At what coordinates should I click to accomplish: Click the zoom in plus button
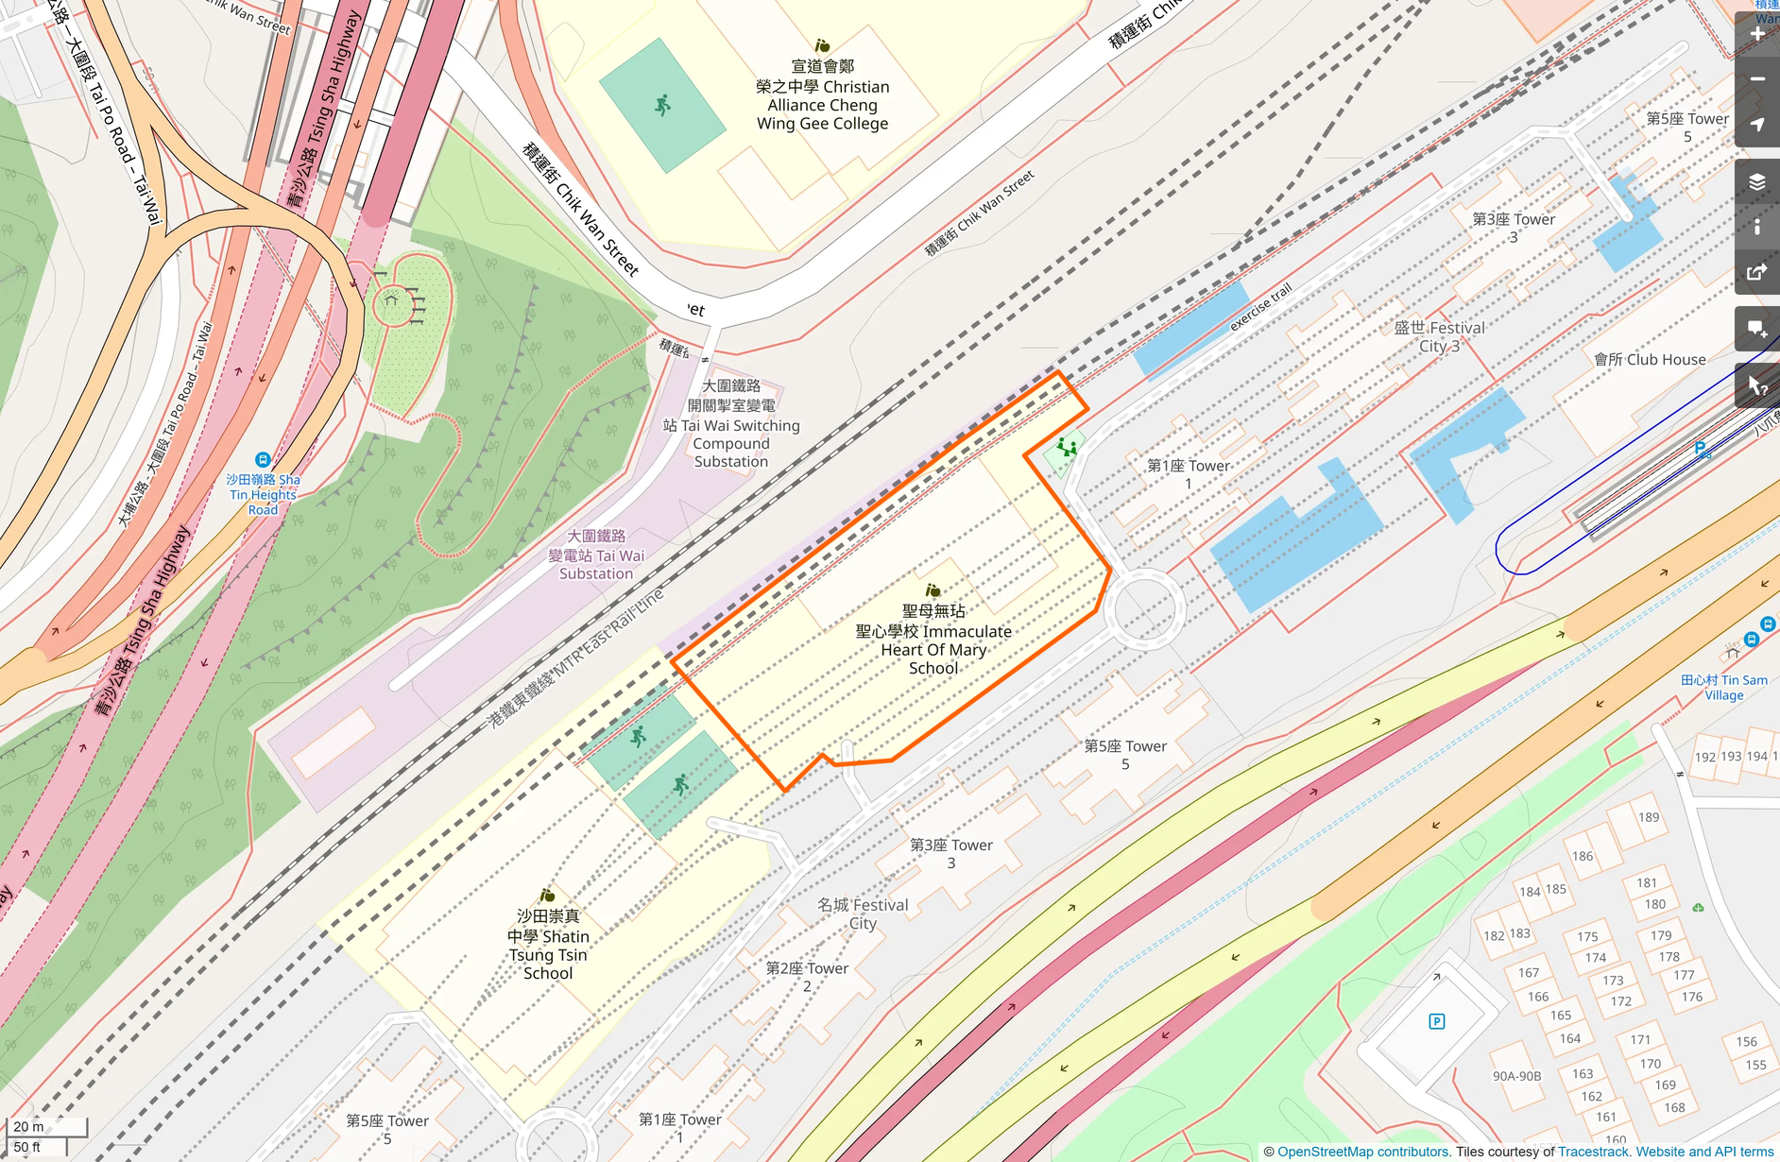[1757, 34]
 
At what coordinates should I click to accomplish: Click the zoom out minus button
[1757, 79]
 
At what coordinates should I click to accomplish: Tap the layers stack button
[1757, 182]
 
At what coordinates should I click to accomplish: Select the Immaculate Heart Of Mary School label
[933, 640]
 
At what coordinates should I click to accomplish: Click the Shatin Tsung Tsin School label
[548, 945]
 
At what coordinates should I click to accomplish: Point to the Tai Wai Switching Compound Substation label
[731, 424]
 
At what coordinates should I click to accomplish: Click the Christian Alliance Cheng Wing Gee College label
[822, 95]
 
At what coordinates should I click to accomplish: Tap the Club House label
[1650, 360]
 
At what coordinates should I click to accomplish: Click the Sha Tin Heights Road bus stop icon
[263, 460]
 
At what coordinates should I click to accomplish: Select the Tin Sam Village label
[1723, 687]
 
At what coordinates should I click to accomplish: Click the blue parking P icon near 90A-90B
[1437, 1021]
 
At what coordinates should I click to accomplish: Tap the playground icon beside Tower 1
[1067, 447]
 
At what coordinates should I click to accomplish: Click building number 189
[1649, 817]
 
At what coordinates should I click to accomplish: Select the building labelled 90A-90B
[1516, 1076]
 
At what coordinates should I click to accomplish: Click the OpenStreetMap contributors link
[1362, 1152]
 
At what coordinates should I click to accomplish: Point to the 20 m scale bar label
[28, 1126]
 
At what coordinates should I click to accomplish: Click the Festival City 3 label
[1439, 337]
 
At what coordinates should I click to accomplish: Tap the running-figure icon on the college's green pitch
[662, 105]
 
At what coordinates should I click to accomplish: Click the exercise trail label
[1260, 307]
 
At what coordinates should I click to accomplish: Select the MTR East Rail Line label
[576, 657]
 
